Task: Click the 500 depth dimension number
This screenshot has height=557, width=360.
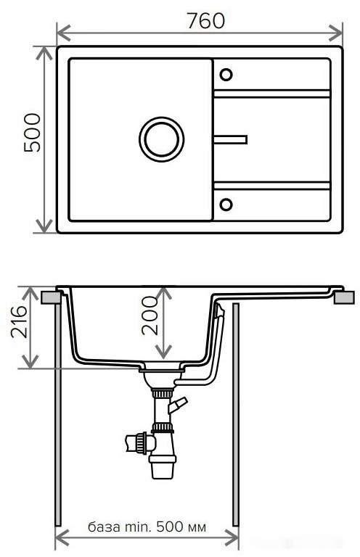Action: (33, 133)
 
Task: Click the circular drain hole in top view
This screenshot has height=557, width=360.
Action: (161, 138)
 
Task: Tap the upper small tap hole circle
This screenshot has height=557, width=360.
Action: (226, 74)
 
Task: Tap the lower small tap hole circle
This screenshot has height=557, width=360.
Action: (226, 203)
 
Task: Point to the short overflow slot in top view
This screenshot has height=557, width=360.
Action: (230, 138)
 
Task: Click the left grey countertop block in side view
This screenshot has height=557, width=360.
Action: (50, 297)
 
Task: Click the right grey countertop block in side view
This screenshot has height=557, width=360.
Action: (345, 297)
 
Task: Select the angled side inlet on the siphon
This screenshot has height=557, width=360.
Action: (178, 404)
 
